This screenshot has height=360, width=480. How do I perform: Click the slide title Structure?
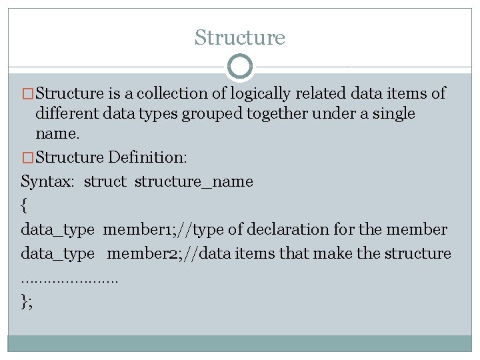[240, 37]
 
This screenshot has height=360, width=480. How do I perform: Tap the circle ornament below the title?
[240, 67]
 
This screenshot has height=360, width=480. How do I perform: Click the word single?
[393, 114]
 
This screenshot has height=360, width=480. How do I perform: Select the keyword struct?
[105, 181]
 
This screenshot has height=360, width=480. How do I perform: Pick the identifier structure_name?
[194, 181]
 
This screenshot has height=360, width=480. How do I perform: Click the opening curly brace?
[25, 205]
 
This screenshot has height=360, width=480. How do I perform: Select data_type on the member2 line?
[58, 253]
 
